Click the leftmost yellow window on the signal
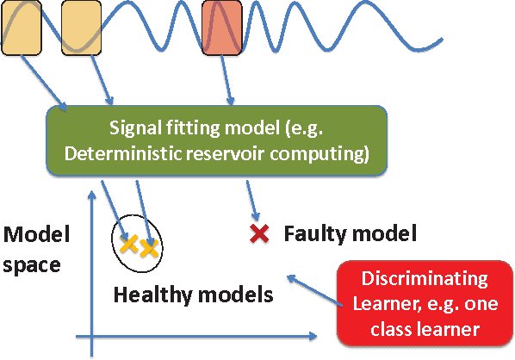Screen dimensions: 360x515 (21, 28)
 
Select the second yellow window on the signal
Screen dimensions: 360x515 (83, 28)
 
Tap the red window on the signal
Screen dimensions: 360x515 (221, 28)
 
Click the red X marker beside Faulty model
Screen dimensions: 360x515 (257, 232)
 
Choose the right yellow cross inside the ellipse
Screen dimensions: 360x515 (149, 250)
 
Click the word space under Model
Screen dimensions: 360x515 (31, 264)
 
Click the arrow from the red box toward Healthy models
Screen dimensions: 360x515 (310, 289)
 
